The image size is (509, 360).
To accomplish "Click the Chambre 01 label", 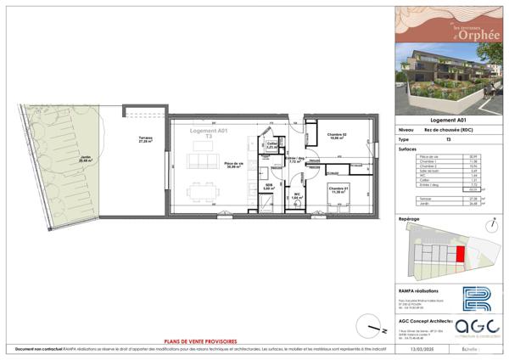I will tap(337, 190).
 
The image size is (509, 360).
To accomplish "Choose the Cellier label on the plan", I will tap(271, 146).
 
